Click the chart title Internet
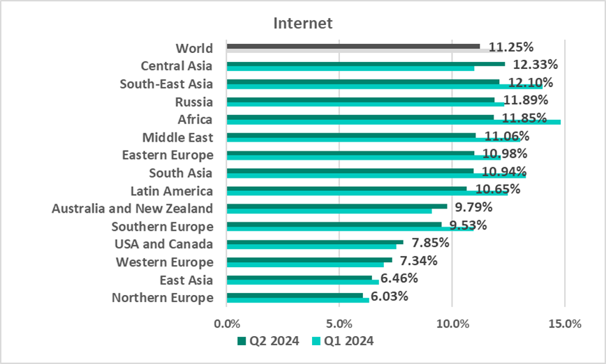point(303,23)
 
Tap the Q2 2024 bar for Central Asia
point(366,63)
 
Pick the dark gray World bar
point(353,46)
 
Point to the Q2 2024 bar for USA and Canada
point(315,242)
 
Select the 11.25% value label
point(511,47)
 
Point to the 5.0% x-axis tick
point(339,324)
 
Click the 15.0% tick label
point(565,324)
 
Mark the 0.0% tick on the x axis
point(227,324)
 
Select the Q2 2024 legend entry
point(269,341)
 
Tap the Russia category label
point(194,102)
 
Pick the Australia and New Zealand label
point(133,208)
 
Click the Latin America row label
point(172,190)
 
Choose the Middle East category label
point(177,137)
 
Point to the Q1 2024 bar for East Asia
point(303,282)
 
